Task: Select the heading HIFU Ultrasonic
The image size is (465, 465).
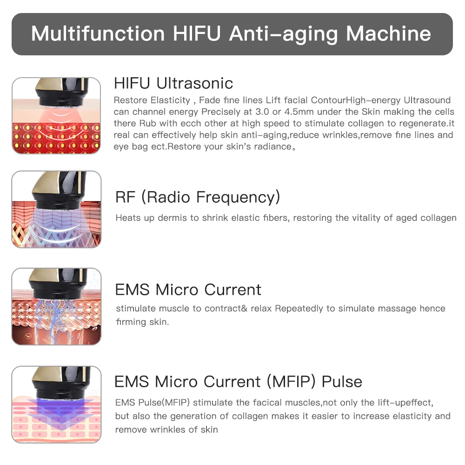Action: tap(173, 83)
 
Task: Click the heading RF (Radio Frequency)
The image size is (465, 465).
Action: tap(198, 197)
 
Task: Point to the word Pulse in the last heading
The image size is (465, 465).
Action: tap(342, 382)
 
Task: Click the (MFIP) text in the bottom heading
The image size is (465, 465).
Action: tap(292, 382)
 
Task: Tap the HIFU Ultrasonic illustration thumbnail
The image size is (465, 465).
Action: tap(56, 116)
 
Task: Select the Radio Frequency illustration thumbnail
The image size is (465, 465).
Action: tap(56, 209)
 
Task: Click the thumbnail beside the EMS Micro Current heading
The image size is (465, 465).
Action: tap(56, 306)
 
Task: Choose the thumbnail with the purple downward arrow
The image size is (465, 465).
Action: tap(56, 404)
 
